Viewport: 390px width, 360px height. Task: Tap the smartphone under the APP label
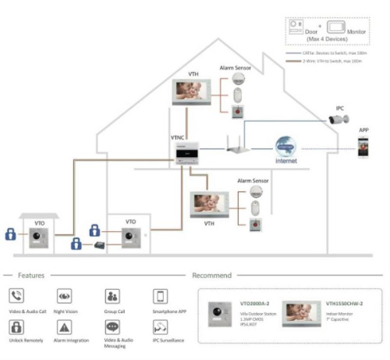tap(363, 147)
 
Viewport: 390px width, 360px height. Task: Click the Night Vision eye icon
tap(64, 297)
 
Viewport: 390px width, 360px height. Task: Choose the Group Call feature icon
tap(112, 297)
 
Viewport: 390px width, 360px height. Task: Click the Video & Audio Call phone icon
tap(16, 297)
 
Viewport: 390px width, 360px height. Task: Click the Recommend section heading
tap(211, 275)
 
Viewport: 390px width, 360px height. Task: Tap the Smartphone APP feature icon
tap(159, 297)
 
